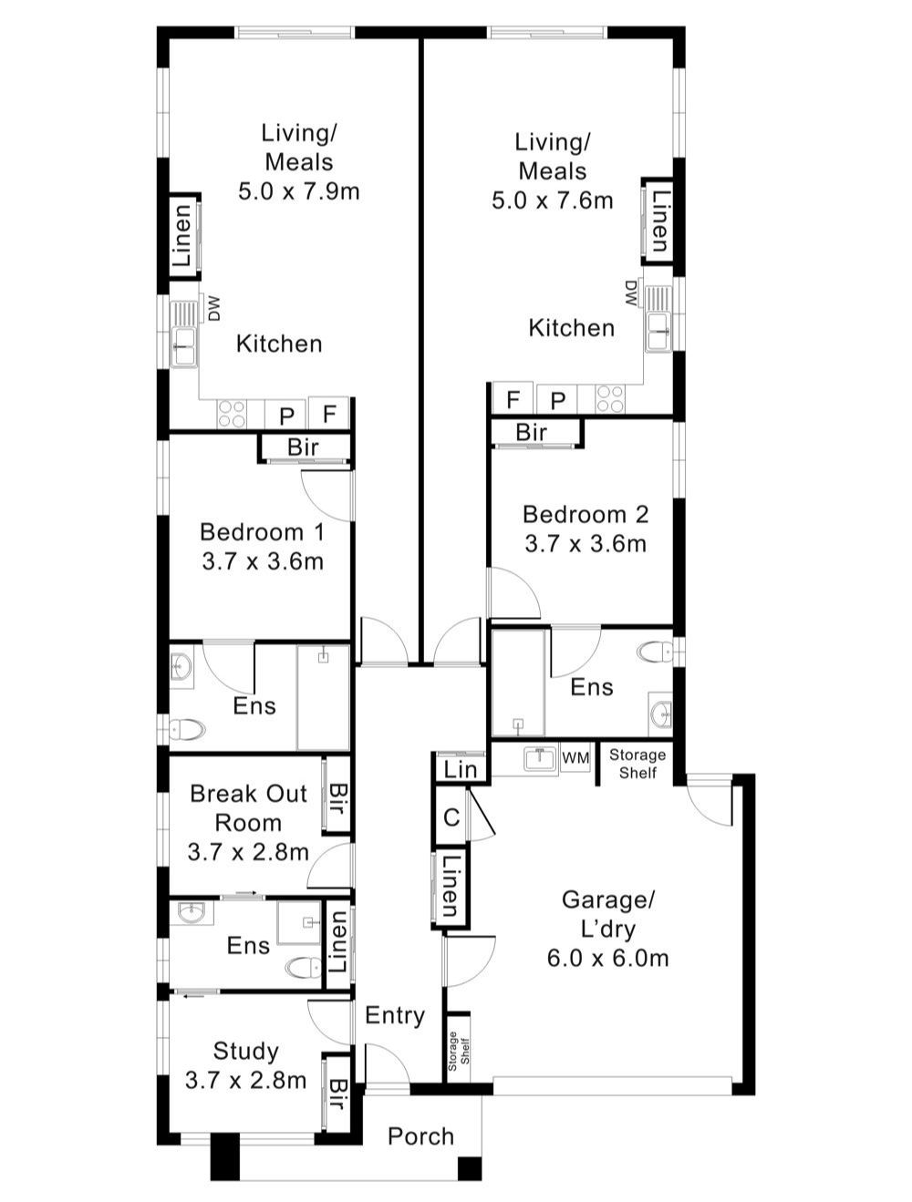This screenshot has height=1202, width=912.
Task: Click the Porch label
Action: click(x=420, y=1136)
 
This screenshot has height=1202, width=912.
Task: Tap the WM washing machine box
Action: click(x=575, y=758)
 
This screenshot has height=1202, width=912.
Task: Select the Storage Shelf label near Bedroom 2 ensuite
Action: click(x=637, y=764)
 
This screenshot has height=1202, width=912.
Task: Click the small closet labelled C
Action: click(x=451, y=817)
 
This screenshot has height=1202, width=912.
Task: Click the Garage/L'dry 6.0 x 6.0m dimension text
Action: click(x=608, y=958)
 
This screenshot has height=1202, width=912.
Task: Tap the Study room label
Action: click(x=245, y=1051)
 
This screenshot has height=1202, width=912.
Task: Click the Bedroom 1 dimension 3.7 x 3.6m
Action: click(x=263, y=561)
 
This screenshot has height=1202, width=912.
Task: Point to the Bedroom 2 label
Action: click(x=586, y=514)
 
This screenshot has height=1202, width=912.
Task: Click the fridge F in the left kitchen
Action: click(x=329, y=415)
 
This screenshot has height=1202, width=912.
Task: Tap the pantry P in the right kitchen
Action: click(x=558, y=400)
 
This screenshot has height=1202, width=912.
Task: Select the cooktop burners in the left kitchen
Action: click(x=231, y=415)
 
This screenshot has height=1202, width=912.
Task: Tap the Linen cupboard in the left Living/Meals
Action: click(x=183, y=235)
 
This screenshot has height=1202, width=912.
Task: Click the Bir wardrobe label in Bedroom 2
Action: click(x=531, y=432)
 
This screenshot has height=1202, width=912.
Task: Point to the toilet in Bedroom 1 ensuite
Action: click(x=187, y=729)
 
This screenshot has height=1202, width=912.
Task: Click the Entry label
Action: click(x=395, y=1015)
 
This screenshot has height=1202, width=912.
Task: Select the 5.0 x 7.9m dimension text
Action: click(x=299, y=191)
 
